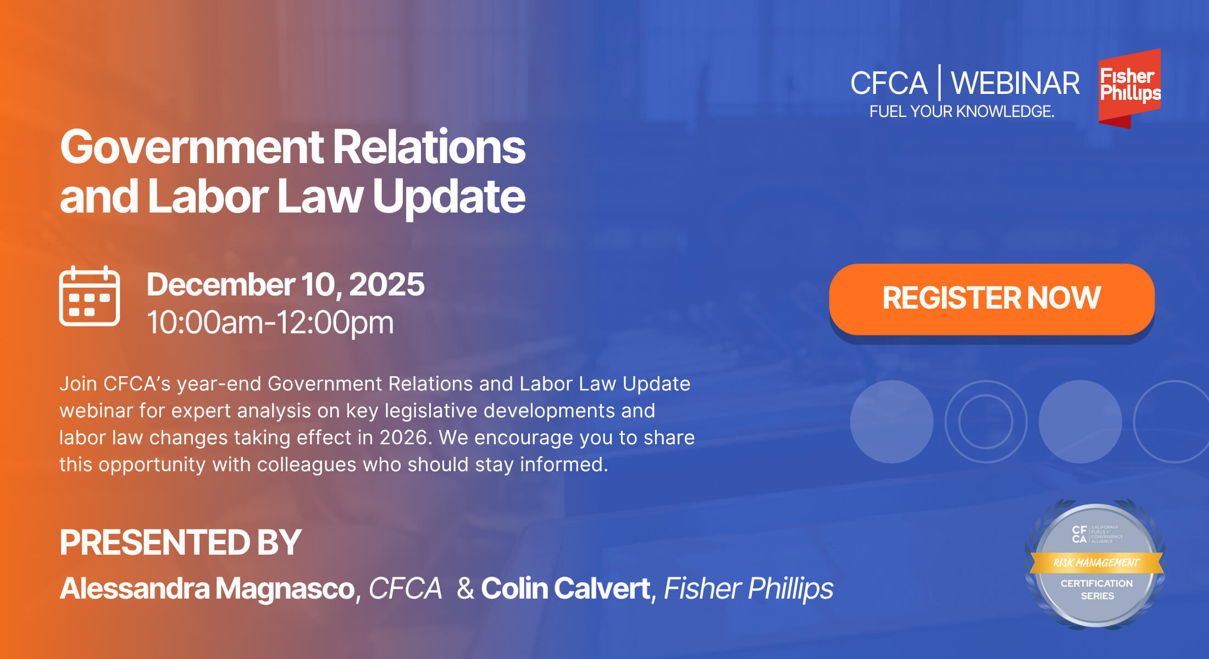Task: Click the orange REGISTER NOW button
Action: coord(991,299)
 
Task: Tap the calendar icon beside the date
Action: coord(90,297)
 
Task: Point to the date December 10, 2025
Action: coord(285,284)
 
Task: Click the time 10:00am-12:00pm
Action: coord(270,322)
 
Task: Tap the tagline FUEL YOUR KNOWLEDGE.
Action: coord(962,111)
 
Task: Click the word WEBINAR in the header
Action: coord(1015,83)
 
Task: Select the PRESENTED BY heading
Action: coord(180,543)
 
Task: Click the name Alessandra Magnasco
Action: coord(207,589)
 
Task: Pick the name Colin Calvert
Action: coord(565,589)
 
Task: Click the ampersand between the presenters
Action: coord(465,589)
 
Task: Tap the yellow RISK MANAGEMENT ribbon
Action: coord(1096,563)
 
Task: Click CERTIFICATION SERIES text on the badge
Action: coord(1097,589)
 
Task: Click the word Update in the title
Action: coord(448,197)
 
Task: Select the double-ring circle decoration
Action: coord(986,422)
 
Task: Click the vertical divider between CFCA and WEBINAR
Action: coord(939,82)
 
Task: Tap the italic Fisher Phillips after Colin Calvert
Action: coord(748,589)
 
